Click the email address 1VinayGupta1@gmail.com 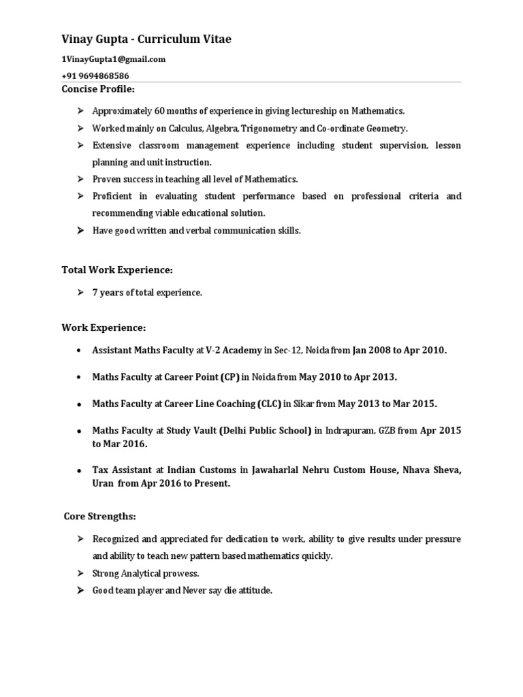[x=114, y=59]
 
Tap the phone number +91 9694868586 [x=95, y=76]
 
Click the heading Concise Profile [x=98, y=89]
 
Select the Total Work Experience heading [x=117, y=270]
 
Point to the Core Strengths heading [x=99, y=516]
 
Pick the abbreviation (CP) [x=229, y=376]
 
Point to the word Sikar [x=304, y=404]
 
